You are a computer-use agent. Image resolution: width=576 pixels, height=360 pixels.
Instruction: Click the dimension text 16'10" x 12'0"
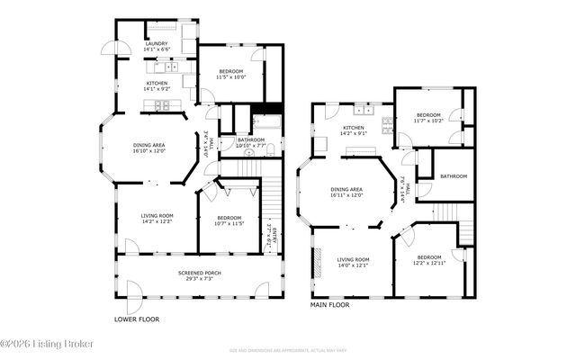tap(150, 151)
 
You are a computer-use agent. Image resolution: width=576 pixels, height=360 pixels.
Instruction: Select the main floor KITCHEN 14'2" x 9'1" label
tap(353, 131)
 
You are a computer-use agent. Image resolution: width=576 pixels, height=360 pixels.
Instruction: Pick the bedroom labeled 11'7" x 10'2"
tap(427, 117)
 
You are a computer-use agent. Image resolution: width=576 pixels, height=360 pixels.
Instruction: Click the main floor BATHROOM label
tap(454, 176)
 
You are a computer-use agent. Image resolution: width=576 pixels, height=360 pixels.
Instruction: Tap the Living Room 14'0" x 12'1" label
tap(353, 262)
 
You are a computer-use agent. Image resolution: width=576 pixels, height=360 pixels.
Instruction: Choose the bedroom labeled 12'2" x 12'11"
tap(429, 259)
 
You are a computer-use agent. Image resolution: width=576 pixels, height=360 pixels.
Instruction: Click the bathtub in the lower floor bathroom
tap(268, 123)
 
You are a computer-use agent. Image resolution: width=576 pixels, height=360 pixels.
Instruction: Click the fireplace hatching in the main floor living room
tap(317, 262)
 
